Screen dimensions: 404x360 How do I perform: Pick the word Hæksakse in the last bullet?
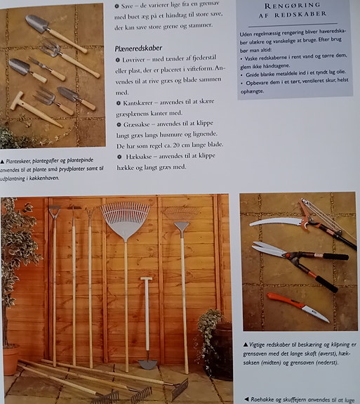138,155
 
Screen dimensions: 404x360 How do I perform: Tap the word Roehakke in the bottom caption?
265,398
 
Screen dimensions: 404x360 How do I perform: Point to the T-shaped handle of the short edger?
147,280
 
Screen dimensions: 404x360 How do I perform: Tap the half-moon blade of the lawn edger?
147,363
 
